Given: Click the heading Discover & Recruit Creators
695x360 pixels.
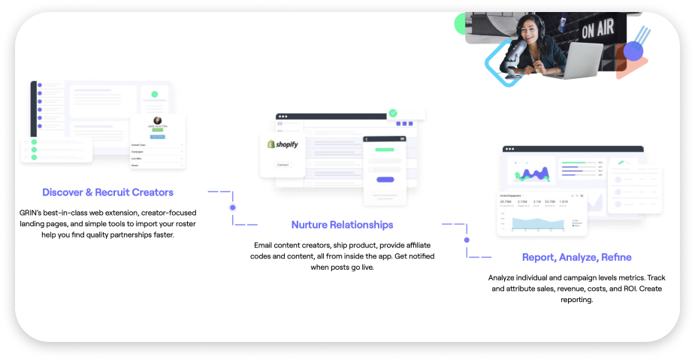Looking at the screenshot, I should pyautogui.click(x=107, y=192).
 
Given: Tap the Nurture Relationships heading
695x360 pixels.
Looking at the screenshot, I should pyautogui.click(x=342, y=225).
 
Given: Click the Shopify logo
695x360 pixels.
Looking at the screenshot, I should pyautogui.click(x=283, y=144).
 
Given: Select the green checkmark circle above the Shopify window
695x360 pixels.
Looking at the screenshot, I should pyautogui.click(x=392, y=113).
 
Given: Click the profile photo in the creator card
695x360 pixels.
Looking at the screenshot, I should pyautogui.click(x=158, y=120).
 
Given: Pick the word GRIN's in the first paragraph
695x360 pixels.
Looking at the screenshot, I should pyautogui.click(x=33, y=213).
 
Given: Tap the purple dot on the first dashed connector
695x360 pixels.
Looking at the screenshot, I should pyautogui.click(x=233, y=207).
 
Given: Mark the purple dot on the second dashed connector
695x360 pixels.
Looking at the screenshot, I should pyautogui.click(x=467, y=241).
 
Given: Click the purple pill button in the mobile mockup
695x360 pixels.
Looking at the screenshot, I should pyautogui.click(x=385, y=180).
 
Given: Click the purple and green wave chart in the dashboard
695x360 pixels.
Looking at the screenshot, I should pyautogui.click(x=531, y=174).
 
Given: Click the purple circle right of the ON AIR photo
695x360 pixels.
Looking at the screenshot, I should pyautogui.click(x=634, y=51).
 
